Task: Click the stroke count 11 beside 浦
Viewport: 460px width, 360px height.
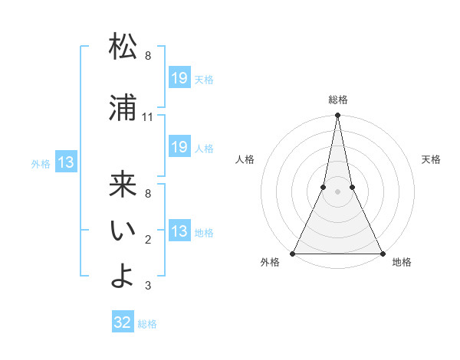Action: click(x=148, y=117)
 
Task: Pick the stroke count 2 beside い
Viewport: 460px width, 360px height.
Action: click(x=148, y=240)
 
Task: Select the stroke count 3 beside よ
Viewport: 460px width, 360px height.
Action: click(x=148, y=286)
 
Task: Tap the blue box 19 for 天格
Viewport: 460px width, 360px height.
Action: click(x=179, y=78)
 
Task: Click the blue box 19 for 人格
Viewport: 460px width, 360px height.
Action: click(x=179, y=147)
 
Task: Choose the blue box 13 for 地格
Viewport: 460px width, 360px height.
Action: click(x=179, y=231)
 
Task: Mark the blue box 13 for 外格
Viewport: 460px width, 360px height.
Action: click(x=66, y=162)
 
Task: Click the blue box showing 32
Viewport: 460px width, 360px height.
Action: click(x=123, y=322)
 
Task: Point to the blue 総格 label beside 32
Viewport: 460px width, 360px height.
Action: click(x=147, y=323)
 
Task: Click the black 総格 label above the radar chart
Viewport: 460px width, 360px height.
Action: click(x=337, y=100)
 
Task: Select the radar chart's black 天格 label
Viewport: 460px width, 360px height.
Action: click(x=432, y=159)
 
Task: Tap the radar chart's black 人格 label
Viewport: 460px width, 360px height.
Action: click(x=245, y=159)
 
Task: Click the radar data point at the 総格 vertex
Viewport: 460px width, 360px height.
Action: click(x=337, y=116)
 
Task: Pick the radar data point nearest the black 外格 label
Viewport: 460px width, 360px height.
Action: click(x=293, y=253)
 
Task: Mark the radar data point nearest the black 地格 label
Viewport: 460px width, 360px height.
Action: click(x=382, y=253)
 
